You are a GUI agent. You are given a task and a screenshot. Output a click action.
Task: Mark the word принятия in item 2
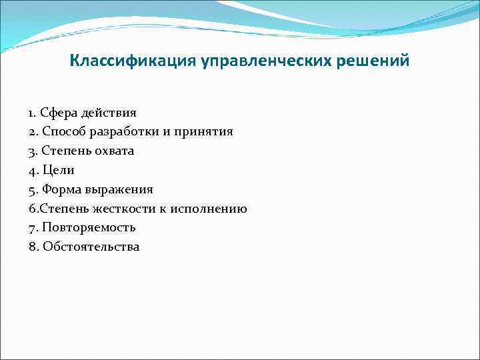[203, 132]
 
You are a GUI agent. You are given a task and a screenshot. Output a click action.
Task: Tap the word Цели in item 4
[57, 171]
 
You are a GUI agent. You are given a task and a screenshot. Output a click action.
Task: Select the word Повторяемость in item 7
[89, 228]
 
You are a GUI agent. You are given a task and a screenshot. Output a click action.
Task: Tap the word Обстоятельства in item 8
[91, 247]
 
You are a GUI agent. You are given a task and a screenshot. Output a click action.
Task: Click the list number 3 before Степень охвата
[32, 151]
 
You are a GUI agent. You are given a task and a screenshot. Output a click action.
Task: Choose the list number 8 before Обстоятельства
[32, 247]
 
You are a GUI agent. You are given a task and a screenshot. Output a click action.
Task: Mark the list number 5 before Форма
[32, 190]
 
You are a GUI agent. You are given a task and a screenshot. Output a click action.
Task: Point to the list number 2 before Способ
[32, 132]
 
